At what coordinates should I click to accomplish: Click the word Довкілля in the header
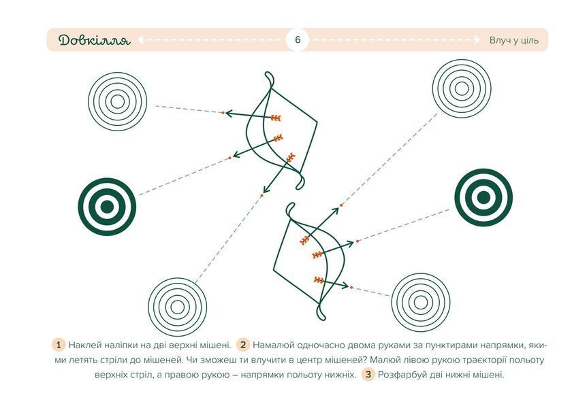click(x=94, y=40)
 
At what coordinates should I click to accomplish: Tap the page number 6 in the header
click(x=298, y=39)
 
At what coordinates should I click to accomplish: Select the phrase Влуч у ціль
click(x=513, y=40)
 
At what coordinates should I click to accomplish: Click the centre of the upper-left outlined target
click(x=117, y=101)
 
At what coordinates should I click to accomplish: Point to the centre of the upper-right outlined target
click(x=462, y=88)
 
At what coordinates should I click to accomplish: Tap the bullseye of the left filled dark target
click(x=107, y=207)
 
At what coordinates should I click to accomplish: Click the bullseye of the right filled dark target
click(x=483, y=197)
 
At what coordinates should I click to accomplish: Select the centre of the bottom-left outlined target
click(x=177, y=307)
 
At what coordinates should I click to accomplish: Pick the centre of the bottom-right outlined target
click(x=421, y=302)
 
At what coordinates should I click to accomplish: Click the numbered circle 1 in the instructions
click(x=59, y=345)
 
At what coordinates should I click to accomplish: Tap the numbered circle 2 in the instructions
click(x=243, y=345)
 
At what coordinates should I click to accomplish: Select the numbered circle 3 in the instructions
click(x=368, y=374)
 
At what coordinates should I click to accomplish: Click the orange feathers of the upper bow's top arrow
click(x=276, y=118)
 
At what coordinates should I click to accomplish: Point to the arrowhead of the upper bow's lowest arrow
click(x=267, y=188)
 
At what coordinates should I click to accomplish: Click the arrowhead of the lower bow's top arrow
click(x=336, y=211)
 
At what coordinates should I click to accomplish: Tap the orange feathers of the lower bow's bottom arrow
click(x=319, y=280)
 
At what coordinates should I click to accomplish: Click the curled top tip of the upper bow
click(x=269, y=77)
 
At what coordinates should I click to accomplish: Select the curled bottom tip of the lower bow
click(x=321, y=314)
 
